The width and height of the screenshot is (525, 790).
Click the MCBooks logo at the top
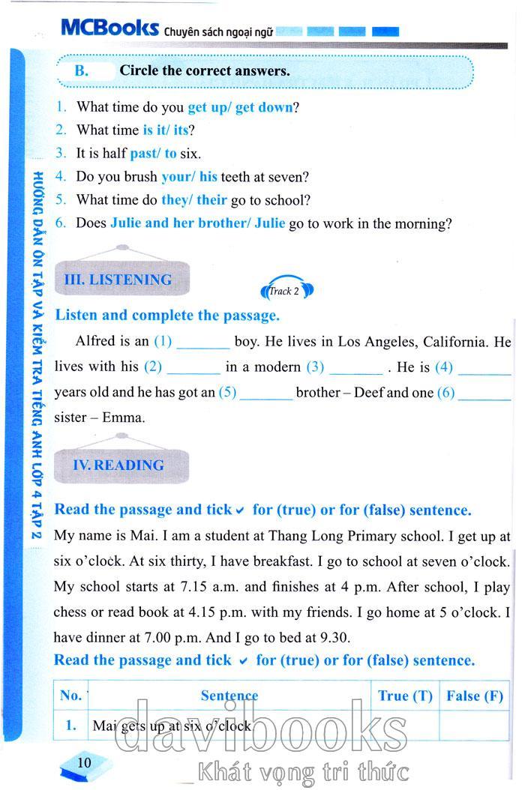(x=109, y=29)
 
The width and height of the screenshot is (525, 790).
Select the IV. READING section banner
(x=118, y=465)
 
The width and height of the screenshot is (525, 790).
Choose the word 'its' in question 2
(x=181, y=130)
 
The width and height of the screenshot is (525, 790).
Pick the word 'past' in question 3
(x=142, y=154)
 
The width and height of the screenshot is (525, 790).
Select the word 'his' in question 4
(x=208, y=178)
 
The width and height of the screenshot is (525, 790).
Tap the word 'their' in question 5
(x=211, y=200)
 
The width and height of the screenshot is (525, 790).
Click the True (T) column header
(x=405, y=696)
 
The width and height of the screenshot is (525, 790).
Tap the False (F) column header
(x=474, y=696)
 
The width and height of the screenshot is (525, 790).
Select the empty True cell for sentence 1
(x=405, y=725)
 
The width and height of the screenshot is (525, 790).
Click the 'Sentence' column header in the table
(x=229, y=696)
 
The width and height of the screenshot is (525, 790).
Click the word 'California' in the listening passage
(x=455, y=342)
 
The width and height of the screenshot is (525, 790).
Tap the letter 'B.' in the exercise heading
(x=82, y=72)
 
